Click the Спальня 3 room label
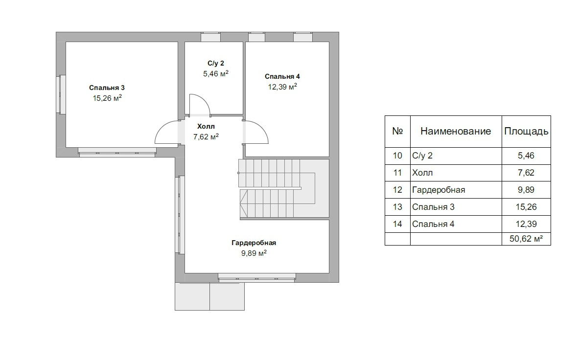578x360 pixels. [x=107, y=88]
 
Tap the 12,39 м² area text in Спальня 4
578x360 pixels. [x=282, y=87]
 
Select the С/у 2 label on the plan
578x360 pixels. [x=216, y=64]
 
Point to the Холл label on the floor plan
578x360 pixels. [x=206, y=126]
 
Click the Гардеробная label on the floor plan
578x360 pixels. [x=254, y=243]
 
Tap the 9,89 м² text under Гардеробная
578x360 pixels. [x=254, y=253]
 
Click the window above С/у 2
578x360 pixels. [x=211, y=37]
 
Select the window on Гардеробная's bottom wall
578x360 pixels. [x=257, y=277]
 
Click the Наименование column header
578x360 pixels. [x=456, y=131]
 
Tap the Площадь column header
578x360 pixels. [x=526, y=131]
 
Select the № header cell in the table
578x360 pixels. [x=397, y=131]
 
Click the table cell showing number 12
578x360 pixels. [x=397, y=190]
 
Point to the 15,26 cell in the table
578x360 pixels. [x=526, y=207]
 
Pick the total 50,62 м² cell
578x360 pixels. [x=526, y=238]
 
